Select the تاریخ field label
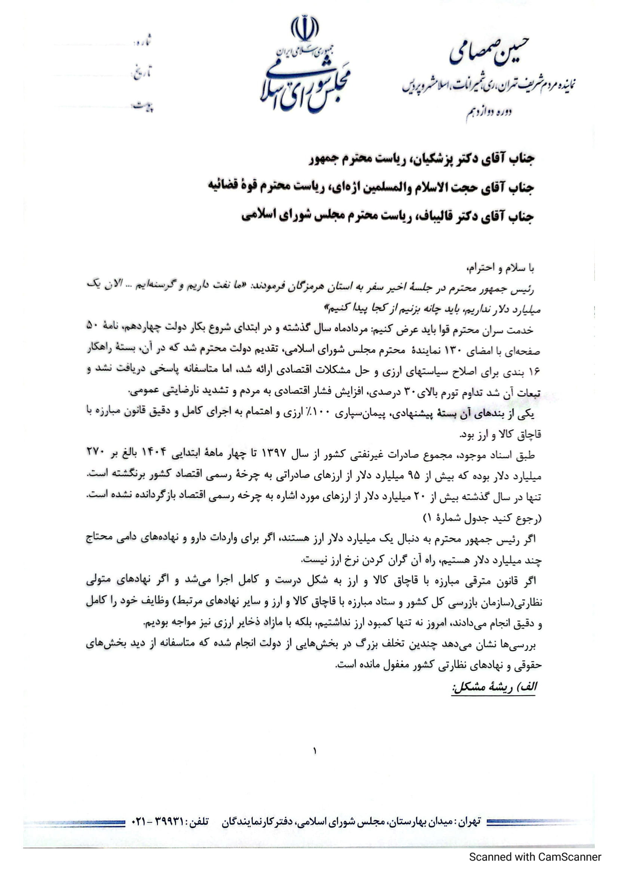[x=142, y=72]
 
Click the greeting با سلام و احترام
[x=500, y=268]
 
